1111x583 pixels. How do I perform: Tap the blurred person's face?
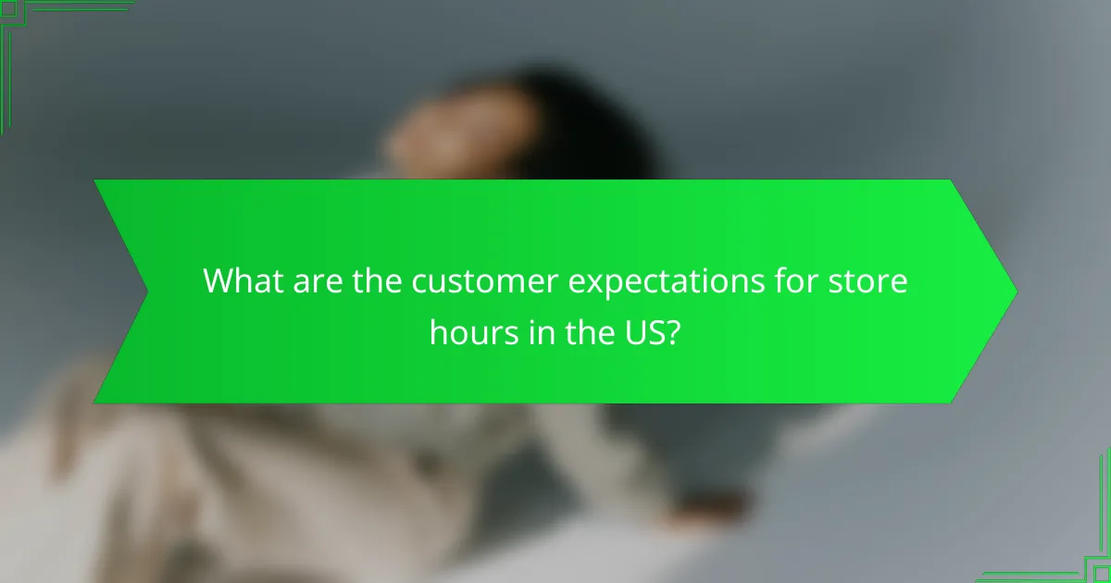(435, 139)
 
